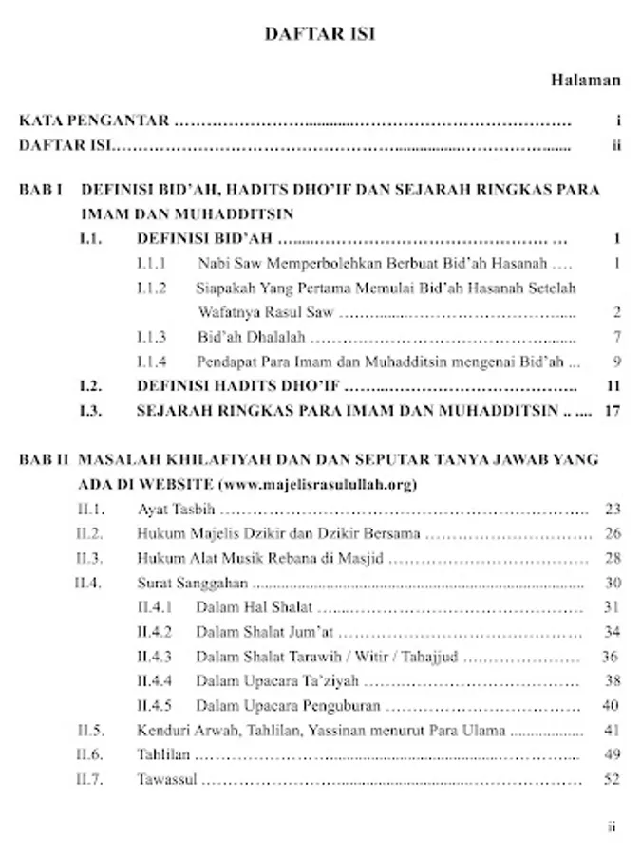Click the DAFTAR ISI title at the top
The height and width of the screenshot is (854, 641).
320,34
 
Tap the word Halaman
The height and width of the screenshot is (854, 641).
585,81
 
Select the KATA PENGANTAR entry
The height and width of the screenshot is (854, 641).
94,121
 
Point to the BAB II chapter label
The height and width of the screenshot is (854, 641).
44,459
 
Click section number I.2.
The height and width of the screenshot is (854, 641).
91,386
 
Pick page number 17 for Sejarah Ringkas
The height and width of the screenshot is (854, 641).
612,411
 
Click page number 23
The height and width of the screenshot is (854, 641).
613,510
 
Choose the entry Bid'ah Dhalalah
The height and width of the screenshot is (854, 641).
250,337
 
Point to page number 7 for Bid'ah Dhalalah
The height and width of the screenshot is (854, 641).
616,337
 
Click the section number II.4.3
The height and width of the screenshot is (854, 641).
154,657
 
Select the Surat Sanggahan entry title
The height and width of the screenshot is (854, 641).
193,584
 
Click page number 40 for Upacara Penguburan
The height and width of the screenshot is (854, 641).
611,706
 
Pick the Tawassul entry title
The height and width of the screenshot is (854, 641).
167,780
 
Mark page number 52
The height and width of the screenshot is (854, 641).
612,780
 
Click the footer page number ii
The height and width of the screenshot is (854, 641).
613,826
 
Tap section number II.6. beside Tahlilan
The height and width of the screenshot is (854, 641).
90,755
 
